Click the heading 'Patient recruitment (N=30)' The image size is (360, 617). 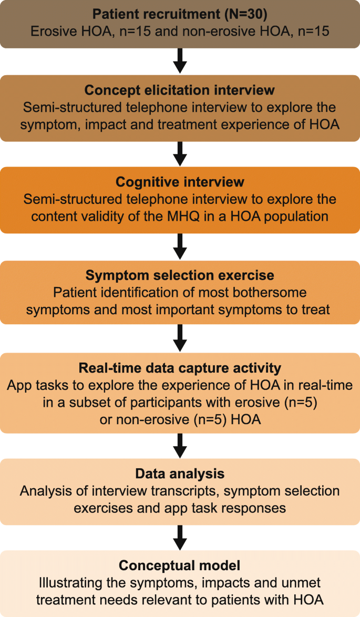point(180,14)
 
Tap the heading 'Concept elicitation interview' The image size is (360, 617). point(180,90)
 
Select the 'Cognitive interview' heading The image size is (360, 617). point(180,182)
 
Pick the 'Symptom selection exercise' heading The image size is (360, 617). point(180,275)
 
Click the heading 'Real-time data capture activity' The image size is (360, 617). point(180,367)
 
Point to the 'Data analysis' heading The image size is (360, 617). point(180,474)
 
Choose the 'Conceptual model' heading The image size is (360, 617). point(180,565)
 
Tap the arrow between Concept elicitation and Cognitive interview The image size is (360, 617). point(180,154)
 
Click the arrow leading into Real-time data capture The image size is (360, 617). point(180,338)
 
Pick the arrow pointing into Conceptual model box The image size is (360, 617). point(180,537)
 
